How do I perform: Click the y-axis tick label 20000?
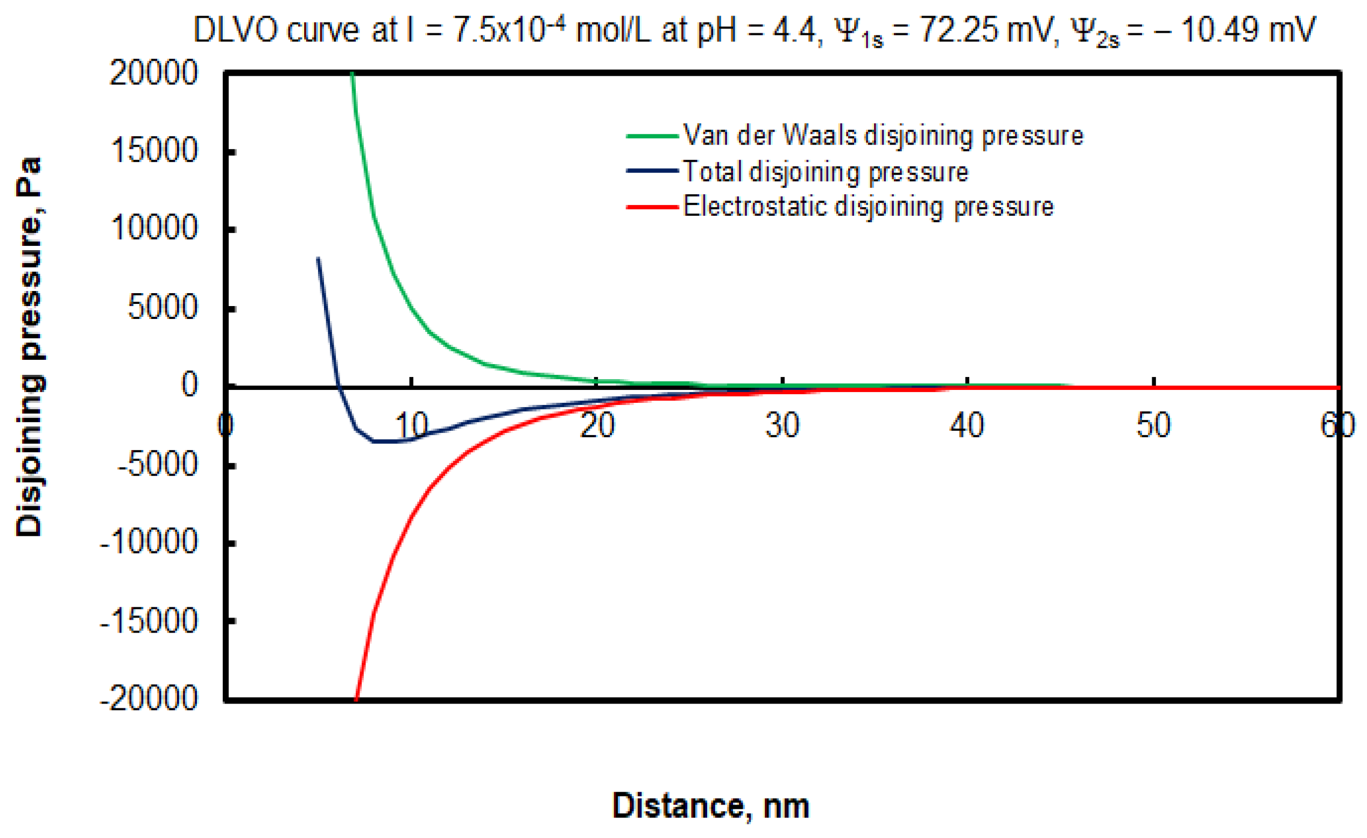(154, 73)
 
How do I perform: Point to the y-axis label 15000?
(155, 150)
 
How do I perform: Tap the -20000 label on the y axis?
(149, 698)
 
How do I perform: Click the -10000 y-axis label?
(149, 541)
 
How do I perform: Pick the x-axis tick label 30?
(782, 425)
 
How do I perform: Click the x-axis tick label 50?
(1153, 425)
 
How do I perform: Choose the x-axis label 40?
(967, 425)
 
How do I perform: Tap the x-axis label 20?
(597, 425)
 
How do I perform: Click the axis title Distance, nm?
(711, 805)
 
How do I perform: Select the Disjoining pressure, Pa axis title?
(29, 346)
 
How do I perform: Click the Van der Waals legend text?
(883, 136)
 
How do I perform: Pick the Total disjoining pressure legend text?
(826, 172)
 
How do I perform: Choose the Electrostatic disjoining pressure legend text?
(868, 207)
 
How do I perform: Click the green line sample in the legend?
(652, 136)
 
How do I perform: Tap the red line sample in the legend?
(652, 208)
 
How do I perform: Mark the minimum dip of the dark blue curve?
(383, 442)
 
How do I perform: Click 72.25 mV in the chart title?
(985, 31)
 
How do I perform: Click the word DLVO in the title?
(236, 31)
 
